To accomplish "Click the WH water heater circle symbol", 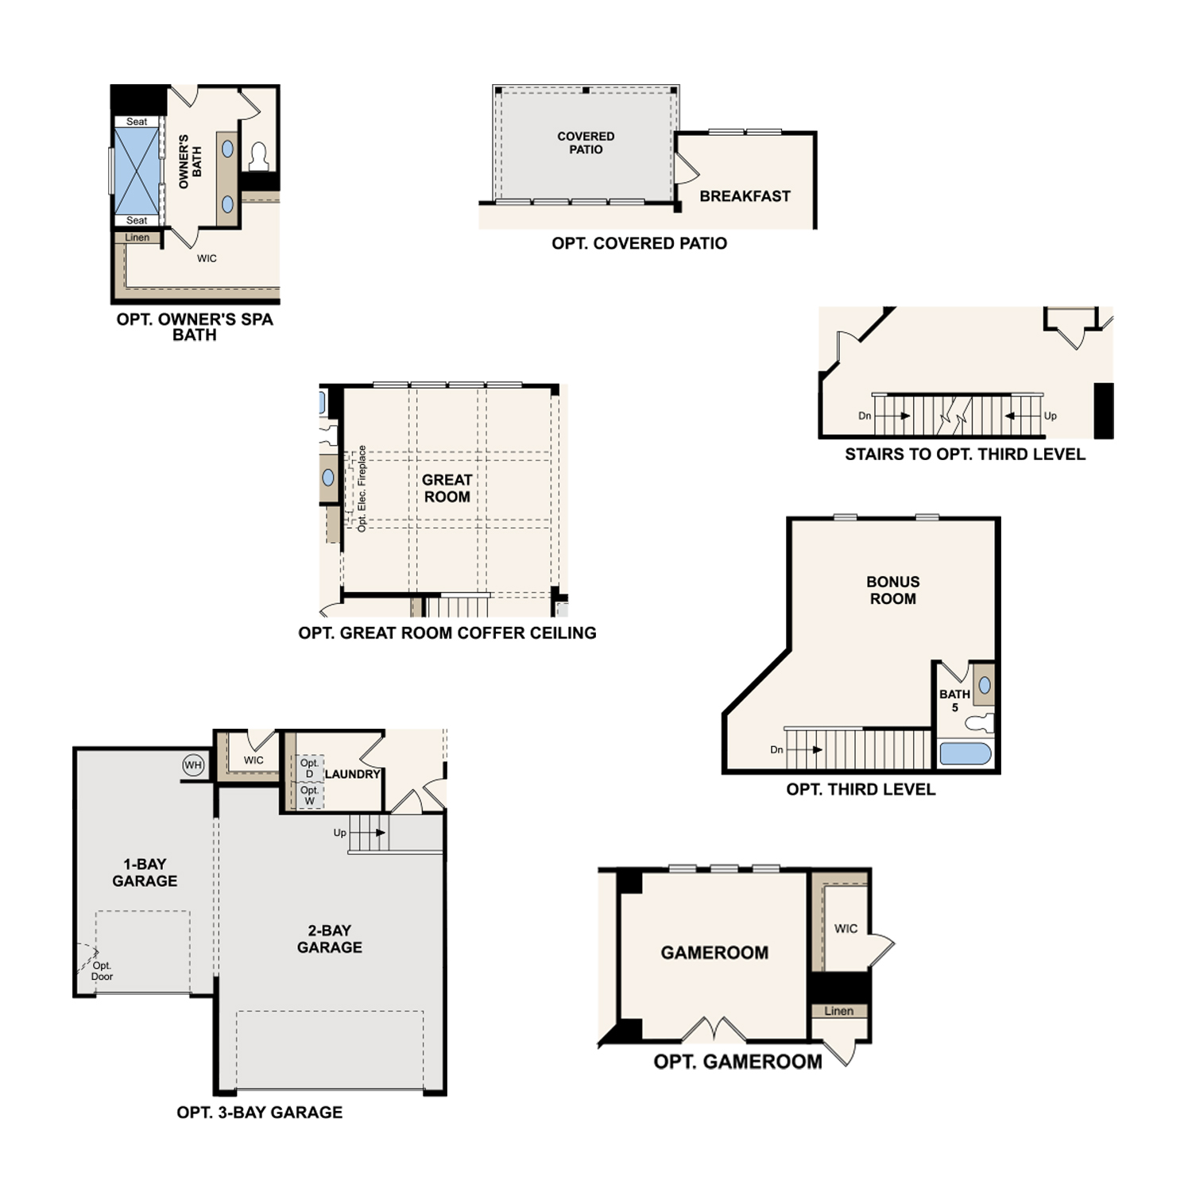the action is pyautogui.click(x=193, y=765).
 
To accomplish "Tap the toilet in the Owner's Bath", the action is pyautogui.click(x=259, y=157).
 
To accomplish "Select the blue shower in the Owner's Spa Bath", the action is pyautogui.click(x=137, y=171).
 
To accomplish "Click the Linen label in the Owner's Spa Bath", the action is pyautogui.click(x=137, y=238).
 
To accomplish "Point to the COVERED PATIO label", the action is pyautogui.click(x=586, y=143).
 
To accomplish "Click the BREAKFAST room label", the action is pyautogui.click(x=745, y=196).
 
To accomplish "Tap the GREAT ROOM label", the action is pyautogui.click(x=447, y=488).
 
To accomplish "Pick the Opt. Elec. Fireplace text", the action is pyautogui.click(x=362, y=489).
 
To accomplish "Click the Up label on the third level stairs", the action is pyautogui.click(x=1051, y=416).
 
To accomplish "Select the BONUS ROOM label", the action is pyautogui.click(x=892, y=590).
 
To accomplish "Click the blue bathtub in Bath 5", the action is pyautogui.click(x=966, y=753).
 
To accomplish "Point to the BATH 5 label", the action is pyautogui.click(x=954, y=700).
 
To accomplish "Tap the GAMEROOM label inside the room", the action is pyautogui.click(x=714, y=953).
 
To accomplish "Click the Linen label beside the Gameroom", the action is pyautogui.click(x=838, y=1011).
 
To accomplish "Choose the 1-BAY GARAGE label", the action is pyautogui.click(x=145, y=873).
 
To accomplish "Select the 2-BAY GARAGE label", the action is pyautogui.click(x=330, y=939).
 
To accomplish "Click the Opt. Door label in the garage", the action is pyautogui.click(x=102, y=971).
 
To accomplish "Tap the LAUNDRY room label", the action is pyautogui.click(x=353, y=774).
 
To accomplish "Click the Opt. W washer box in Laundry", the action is pyautogui.click(x=310, y=795).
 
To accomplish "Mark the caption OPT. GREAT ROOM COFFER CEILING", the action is pyautogui.click(x=447, y=633).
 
